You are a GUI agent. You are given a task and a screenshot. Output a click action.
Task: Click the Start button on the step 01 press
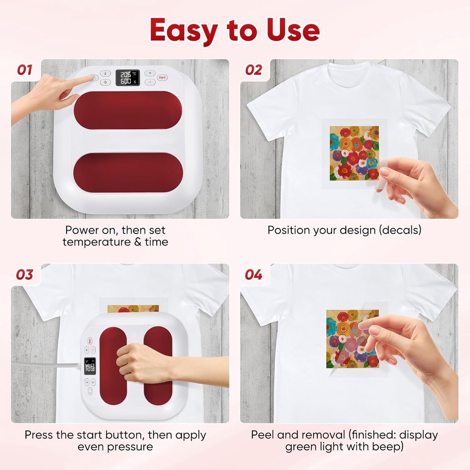coord(162,78)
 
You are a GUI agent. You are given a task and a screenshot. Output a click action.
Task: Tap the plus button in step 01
coord(150,73)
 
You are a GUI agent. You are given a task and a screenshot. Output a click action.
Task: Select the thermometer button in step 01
coord(105,73)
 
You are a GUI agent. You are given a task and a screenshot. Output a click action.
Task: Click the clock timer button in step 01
coord(105,82)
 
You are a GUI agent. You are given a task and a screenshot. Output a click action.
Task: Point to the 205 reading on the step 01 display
coord(126,75)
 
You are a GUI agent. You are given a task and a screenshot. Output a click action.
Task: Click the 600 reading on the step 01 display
coord(126,81)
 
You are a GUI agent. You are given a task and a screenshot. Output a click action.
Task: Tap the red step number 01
coord(25,70)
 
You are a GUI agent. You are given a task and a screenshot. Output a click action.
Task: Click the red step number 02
coord(254,70)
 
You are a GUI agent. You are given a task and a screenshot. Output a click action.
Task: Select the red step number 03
coord(24,275)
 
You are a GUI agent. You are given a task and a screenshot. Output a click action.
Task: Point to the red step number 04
coord(254,275)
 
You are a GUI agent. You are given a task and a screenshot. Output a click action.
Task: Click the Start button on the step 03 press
coord(90,341)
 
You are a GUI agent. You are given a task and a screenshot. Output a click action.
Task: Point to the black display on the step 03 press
coord(90,366)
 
